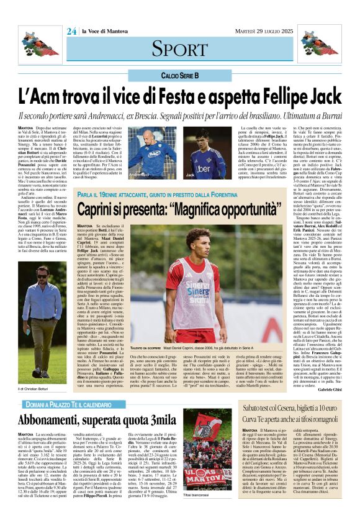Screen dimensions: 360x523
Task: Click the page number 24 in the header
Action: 71,30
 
